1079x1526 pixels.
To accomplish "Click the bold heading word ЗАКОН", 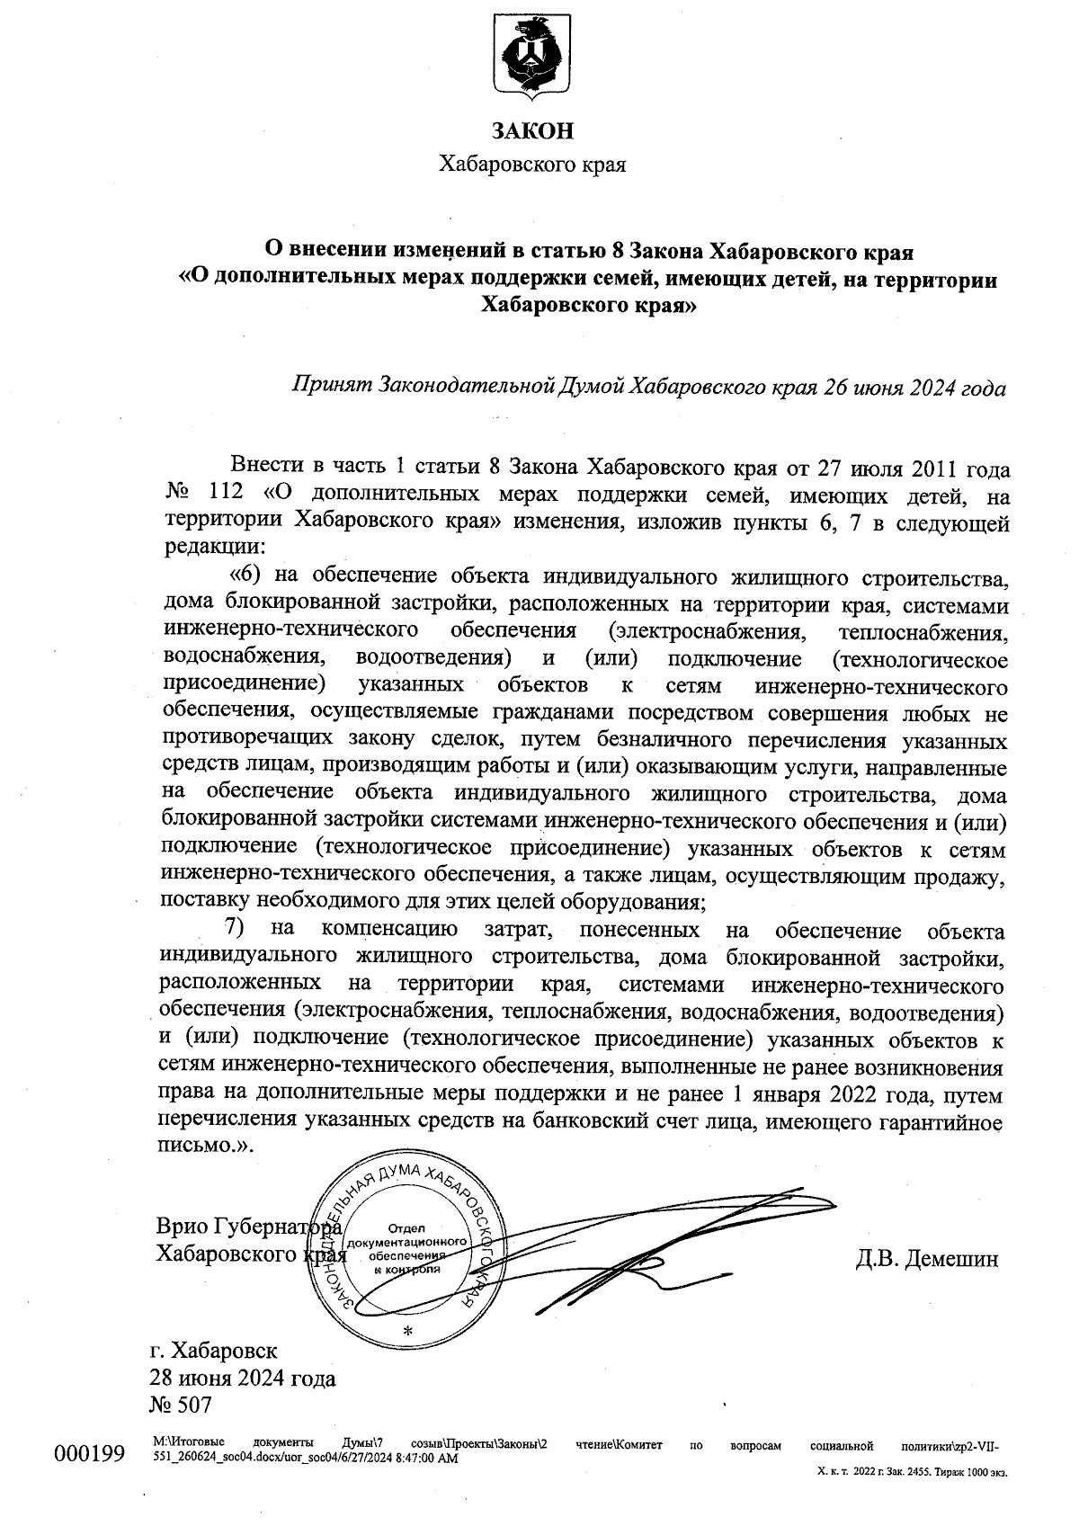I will [531, 131].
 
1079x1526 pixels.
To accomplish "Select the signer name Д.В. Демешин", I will [926, 1259].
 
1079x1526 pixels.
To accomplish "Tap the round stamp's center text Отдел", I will [407, 1228].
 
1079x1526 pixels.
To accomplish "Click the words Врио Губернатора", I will [248, 1227].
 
